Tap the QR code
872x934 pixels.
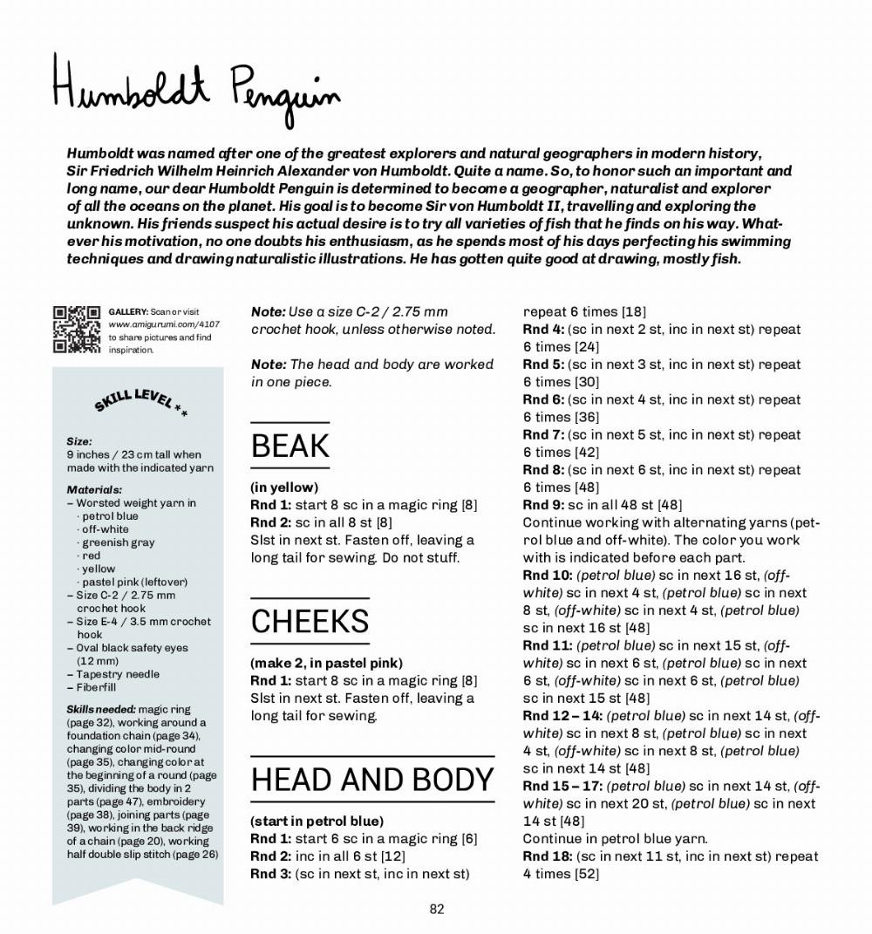[77, 330]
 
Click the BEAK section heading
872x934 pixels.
[290, 447]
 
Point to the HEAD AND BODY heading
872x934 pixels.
[372, 780]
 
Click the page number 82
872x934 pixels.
[437, 909]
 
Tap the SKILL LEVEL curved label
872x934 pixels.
[140, 402]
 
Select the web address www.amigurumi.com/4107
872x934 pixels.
[164, 324]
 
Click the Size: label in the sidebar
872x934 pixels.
[79, 441]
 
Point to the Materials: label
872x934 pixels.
[94, 490]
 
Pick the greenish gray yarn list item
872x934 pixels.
[118, 542]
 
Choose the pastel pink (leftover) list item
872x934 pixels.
[134, 582]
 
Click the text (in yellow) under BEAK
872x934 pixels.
[284, 487]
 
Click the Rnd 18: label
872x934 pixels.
[547, 856]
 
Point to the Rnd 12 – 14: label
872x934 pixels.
[562, 716]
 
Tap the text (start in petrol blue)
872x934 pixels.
[317, 821]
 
